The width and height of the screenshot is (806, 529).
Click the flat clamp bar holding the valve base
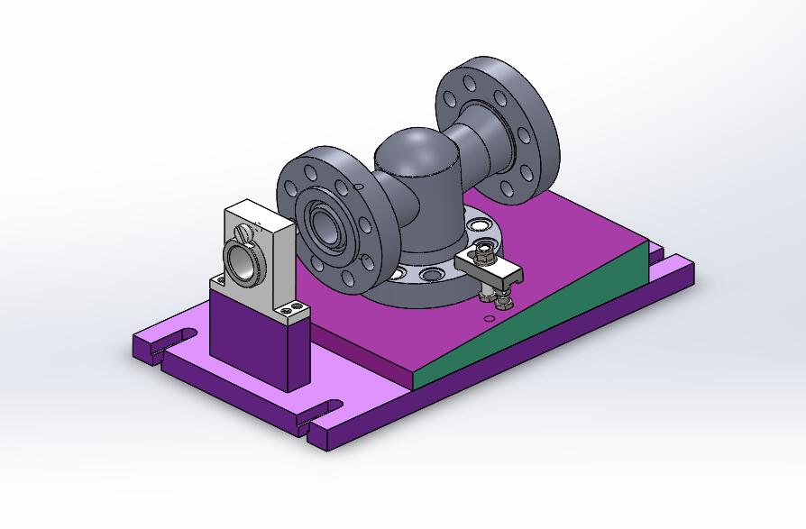tap(492, 268)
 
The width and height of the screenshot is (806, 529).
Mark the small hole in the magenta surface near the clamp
tap(489, 317)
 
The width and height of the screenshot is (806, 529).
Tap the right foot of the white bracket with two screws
tap(294, 311)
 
